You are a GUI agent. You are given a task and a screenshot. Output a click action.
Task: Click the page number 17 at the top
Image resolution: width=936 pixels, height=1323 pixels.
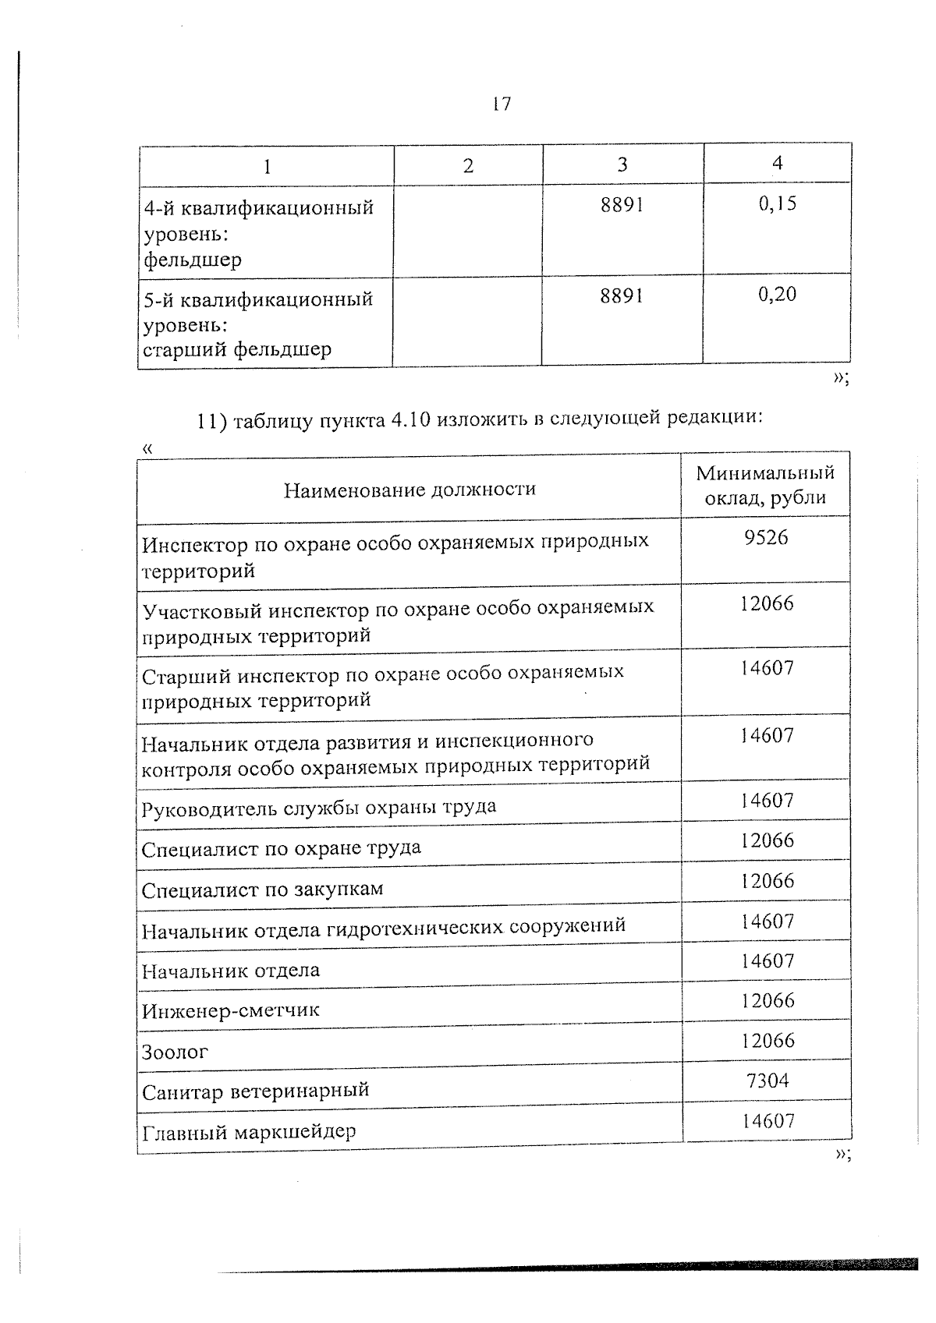pyautogui.click(x=502, y=104)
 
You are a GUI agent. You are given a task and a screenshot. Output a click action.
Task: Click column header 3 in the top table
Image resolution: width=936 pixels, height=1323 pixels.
pyautogui.click(x=622, y=164)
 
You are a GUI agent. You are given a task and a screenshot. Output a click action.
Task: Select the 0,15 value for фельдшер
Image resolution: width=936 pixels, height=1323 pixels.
pyautogui.click(x=777, y=203)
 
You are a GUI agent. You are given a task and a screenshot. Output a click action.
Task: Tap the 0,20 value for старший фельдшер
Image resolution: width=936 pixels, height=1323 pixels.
pyautogui.click(x=777, y=295)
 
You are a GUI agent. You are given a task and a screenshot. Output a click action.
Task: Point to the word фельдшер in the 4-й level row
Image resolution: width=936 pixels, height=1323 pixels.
pyautogui.click(x=192, y=260)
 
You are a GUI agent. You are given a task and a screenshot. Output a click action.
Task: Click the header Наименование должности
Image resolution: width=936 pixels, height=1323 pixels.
pyautogui.click(x=409, y=490)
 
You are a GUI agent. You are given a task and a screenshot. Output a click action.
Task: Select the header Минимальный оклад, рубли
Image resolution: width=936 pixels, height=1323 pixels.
pyautogui.click(x=765, y=485)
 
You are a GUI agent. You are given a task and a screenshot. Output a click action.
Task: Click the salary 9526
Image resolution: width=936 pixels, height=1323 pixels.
pyautogui.click(x=766, y=538)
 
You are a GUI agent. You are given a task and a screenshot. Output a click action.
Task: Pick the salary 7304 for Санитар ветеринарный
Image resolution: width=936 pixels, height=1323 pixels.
pyautogui.click(x=768, y=1081)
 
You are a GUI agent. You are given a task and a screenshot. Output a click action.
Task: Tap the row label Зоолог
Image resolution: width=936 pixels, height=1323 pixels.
pyautogui.click(x=175, y=1052)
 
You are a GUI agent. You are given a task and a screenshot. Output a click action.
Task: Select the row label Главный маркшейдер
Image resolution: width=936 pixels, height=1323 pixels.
pyautogui.click(x=248, y=1131)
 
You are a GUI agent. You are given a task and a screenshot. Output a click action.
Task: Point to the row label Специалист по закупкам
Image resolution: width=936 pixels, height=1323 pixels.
pyautogui.click(x=262, y=890)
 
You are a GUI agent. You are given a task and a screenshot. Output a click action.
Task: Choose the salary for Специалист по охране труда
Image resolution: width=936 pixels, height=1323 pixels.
pyautogui.click(x=768, y=840)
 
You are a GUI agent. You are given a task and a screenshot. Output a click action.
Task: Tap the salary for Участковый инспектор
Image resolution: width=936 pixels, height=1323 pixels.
pyautogui.click(x=768, y=603)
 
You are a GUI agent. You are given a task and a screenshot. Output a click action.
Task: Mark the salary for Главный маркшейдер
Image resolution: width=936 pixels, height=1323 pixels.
pyautogui.click(x=768, y=1121)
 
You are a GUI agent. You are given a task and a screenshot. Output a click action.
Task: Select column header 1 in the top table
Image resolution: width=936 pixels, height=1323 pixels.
pyautogui.click(x=268, y=166)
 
